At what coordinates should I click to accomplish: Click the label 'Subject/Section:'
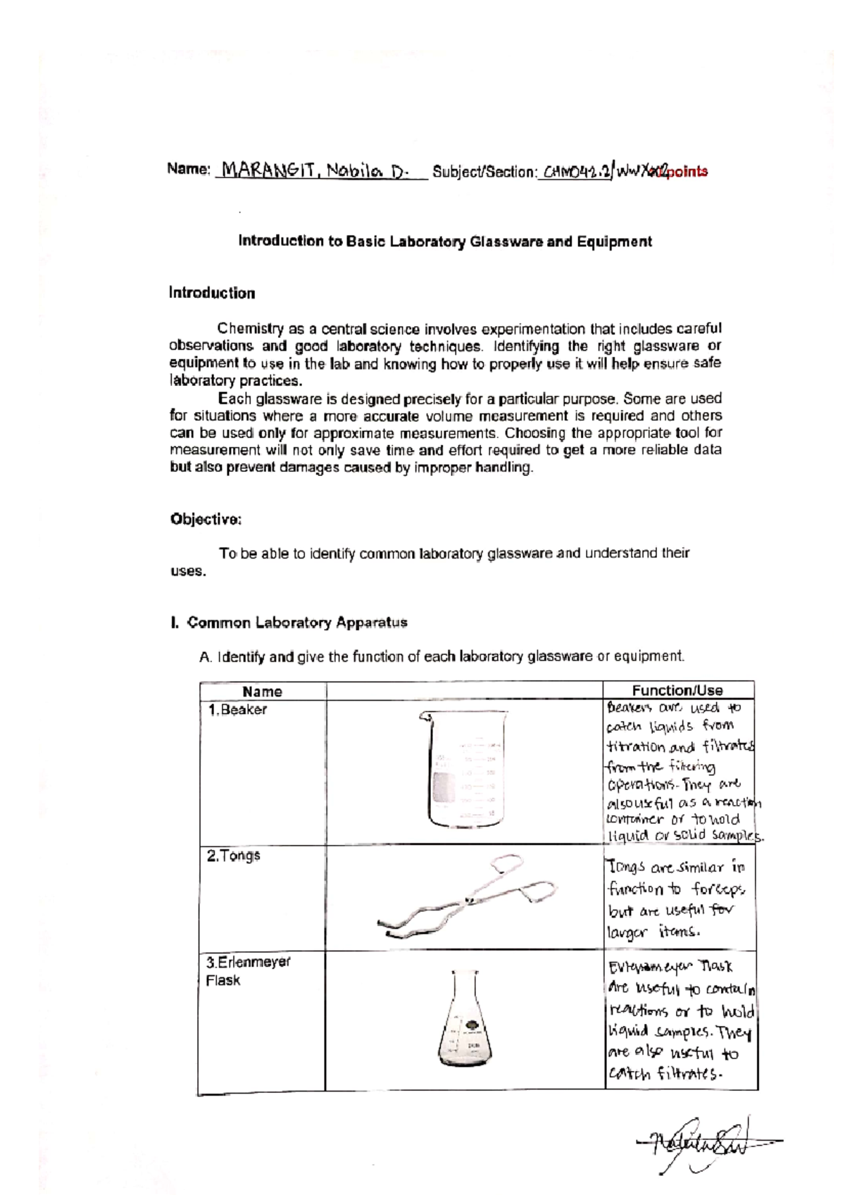point(485,172)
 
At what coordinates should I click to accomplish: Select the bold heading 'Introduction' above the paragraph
point(211,293)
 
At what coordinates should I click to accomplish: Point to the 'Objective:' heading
point(206,519)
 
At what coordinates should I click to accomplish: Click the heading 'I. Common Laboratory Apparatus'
point(289,622)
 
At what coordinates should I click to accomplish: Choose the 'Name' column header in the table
point(262,692)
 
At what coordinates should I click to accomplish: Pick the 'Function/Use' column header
point(677,691)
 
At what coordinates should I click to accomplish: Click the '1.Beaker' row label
point(237,710)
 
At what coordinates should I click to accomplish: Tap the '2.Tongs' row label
point(233,856)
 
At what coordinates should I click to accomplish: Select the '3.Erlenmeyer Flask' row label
point(248,970)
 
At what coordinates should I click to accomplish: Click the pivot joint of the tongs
point(467,898)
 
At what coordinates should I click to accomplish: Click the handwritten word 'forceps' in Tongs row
point(718,889)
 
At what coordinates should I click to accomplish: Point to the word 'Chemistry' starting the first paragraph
point(250,329)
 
